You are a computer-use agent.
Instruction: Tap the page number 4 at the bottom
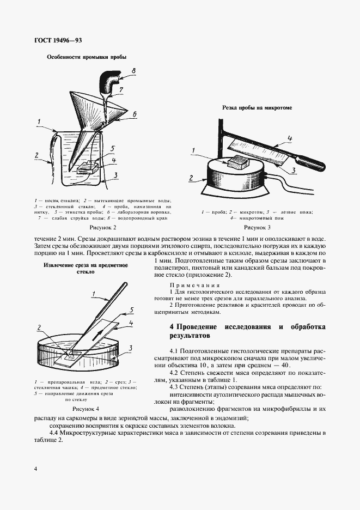pyautogui.click(x=35, y=469)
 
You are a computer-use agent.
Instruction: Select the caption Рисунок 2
pyautogui.click(x=102, y=227)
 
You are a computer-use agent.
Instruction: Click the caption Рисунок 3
pyautogui.click(x=257, y=227)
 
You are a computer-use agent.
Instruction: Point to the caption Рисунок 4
pyautogui.click(x=86, y=407)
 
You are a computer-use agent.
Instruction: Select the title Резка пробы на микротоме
pyautogui.click(x=257, y=108)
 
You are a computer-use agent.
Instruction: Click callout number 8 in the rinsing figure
pyautogui.click(x=132, y=69)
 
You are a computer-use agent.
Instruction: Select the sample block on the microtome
pyautogui.click(x=238, y=161)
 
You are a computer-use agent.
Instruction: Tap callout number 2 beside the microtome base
pyautogui.click(x=191, y=177)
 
